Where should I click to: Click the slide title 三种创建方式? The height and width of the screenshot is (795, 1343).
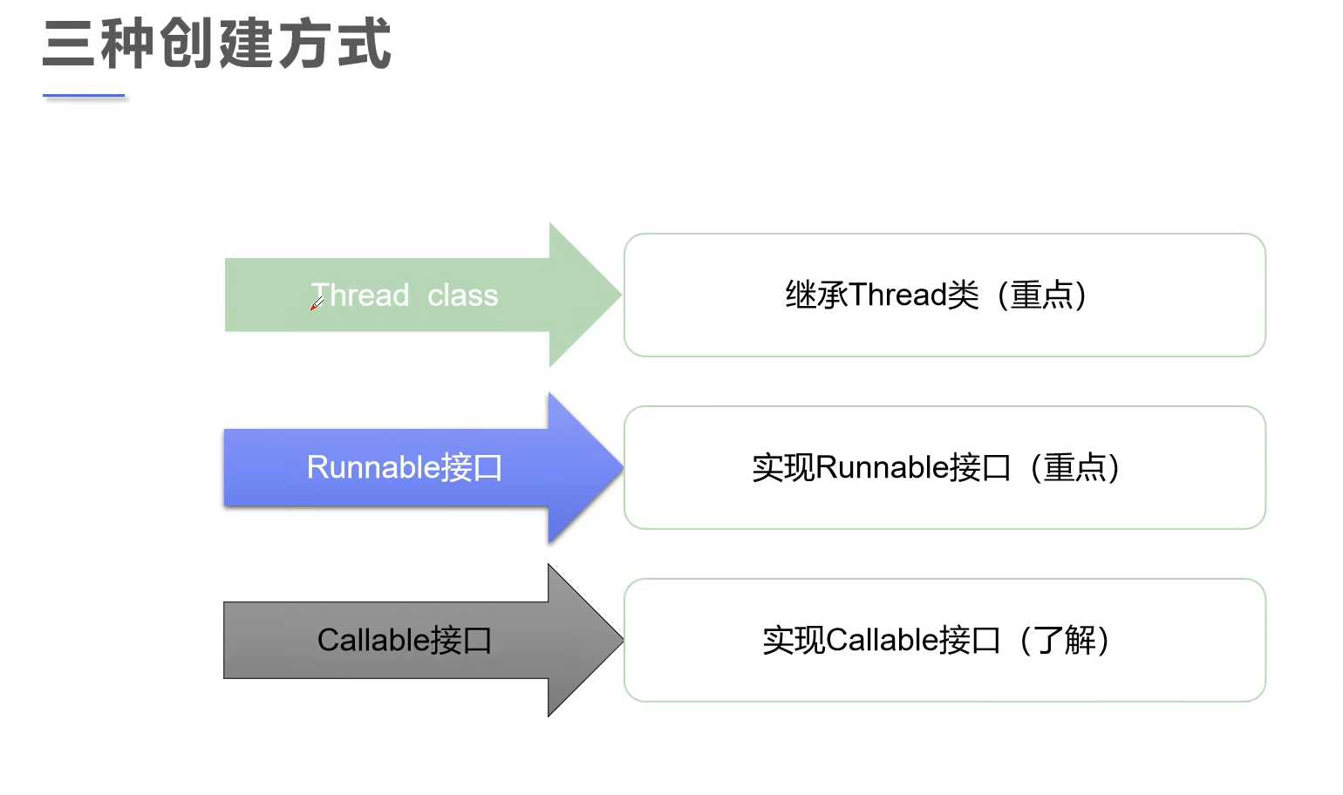point(216,44)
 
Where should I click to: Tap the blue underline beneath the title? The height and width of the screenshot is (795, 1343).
point(84,95)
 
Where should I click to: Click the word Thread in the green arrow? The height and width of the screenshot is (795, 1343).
point(360,296)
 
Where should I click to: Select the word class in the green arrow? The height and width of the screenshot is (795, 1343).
point(462,296)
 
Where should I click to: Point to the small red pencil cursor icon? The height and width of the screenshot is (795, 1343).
point(317,303)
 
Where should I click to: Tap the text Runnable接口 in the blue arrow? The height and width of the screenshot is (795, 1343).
point(404,467)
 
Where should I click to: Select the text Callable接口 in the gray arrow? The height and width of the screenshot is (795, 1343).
point(404,640)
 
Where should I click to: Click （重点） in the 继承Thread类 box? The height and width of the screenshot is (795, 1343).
point(1042,295)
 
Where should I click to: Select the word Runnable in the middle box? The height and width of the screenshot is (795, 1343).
point(882,467)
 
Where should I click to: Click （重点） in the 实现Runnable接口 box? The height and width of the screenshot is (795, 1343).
point(1074,467)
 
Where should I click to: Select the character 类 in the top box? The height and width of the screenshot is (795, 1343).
point(964,295)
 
